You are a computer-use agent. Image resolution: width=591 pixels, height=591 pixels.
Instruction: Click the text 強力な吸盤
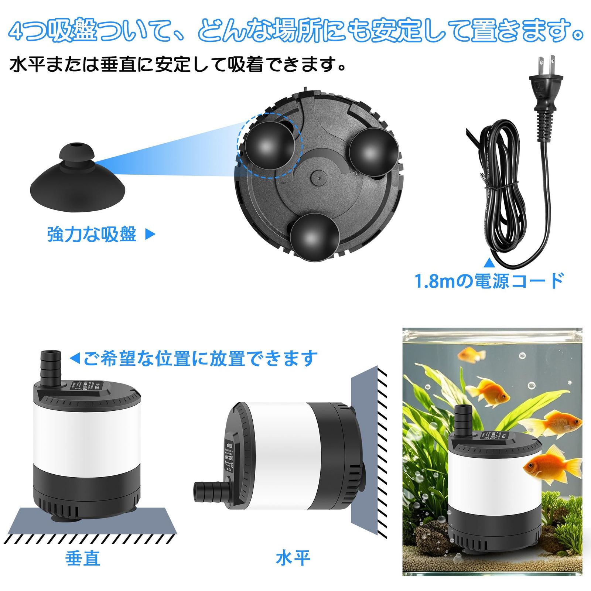pos(92,234)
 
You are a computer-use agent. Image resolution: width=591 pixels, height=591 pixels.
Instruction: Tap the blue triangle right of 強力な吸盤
pos(150,234)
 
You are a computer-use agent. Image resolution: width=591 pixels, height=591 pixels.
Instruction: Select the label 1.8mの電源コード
pos(489,281)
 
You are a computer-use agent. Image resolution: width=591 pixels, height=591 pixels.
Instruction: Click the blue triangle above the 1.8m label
pos(489,263)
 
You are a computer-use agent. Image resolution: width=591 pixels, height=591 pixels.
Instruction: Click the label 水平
pos(293,558)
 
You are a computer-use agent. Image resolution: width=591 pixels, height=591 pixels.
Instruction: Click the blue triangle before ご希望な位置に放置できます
pos(75,358)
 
